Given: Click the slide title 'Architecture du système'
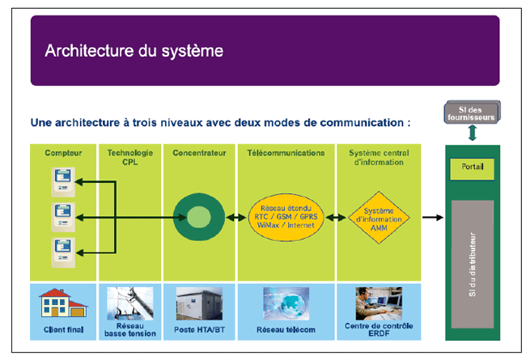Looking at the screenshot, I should click(x=134, y=51).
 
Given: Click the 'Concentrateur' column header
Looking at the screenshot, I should click(x=198, y=152).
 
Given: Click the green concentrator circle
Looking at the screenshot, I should click(x=199, y=217).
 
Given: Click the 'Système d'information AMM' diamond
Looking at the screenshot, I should click(x=379, y=217).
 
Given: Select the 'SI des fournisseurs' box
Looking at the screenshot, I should click(x=473, y=112).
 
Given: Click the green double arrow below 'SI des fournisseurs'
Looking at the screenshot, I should click(x=472, y=133).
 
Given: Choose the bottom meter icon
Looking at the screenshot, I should click(x=62, y=249).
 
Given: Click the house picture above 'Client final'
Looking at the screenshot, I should click(x=63, y=304).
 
